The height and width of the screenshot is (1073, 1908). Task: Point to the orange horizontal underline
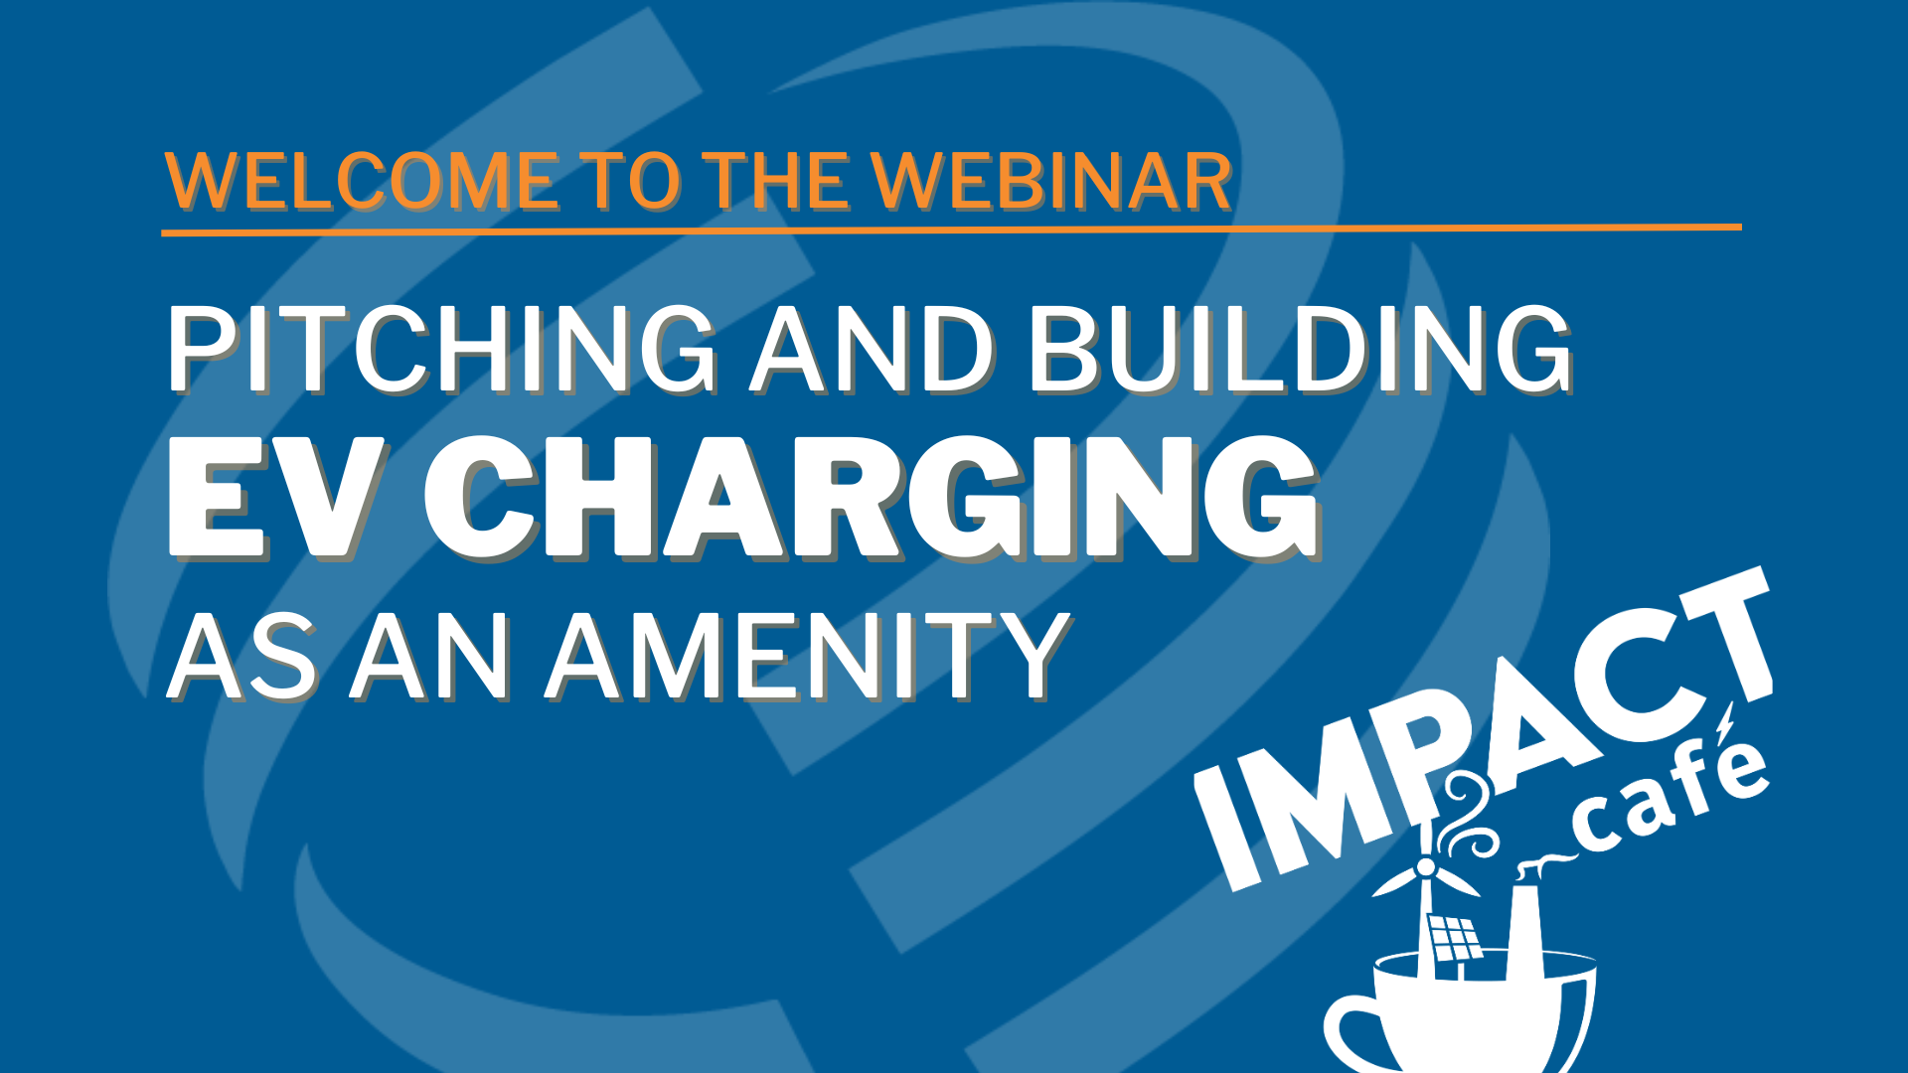[x=951, y=230]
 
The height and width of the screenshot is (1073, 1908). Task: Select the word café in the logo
[x=1669, y=795]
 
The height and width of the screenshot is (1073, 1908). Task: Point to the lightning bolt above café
[x=1725, y=722]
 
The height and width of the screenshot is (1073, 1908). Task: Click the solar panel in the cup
[x=1454, y=937]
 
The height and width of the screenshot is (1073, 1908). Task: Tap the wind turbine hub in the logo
[x=1426, y=868]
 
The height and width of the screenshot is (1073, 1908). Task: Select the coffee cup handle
[x=1351, y=1033]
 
